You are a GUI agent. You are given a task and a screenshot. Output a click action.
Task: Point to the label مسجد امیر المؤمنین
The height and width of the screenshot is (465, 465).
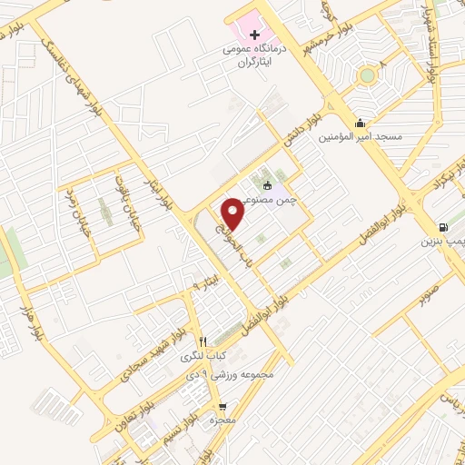359,138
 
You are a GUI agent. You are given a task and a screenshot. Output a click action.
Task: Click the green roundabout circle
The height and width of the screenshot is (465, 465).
367,75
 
